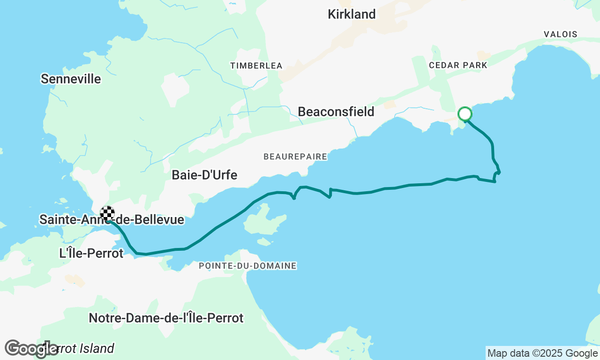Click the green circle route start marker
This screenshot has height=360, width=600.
465,114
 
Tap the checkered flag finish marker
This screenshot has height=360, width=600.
107,213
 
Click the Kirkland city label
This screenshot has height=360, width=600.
352,14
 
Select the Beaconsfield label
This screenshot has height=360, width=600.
336,112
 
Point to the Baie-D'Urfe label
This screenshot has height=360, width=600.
204,175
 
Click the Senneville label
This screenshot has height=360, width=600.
71,79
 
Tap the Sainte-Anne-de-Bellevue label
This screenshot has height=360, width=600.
112,219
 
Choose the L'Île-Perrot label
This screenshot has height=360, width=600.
91,253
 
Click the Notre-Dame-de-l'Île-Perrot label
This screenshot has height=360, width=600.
166,318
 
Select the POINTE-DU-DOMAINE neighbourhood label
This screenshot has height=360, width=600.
247,266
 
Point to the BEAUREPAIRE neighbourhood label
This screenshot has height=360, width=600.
295,156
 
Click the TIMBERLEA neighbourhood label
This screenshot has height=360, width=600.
256,66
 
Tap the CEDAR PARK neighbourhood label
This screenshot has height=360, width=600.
458,65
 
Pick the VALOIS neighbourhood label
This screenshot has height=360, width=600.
560,34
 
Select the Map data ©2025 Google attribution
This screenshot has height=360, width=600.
542,353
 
